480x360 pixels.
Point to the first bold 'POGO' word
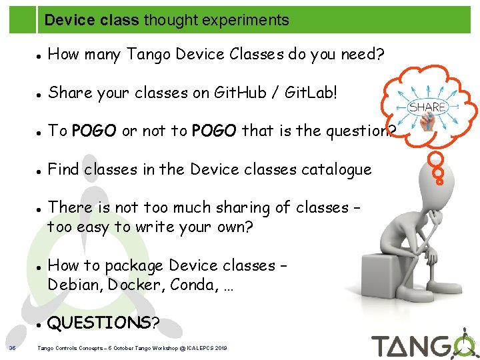click(94, 131)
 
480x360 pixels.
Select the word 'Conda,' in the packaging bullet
click(193, 285)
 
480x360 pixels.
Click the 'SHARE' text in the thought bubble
click(427, 107)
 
